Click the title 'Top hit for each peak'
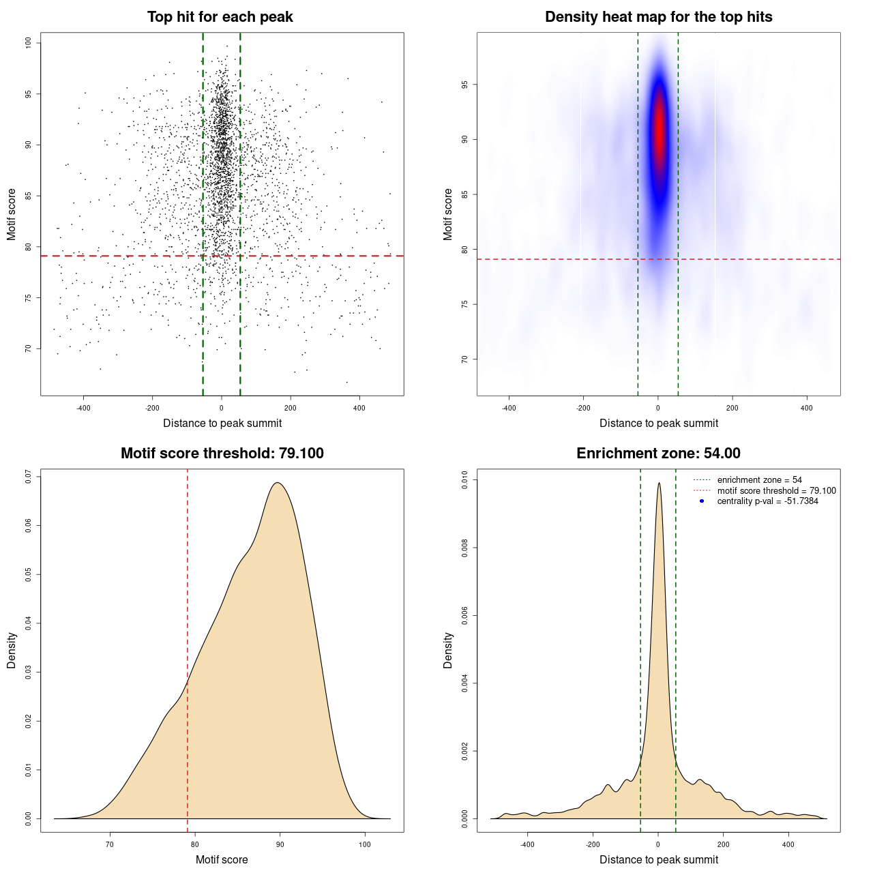pos(220,17)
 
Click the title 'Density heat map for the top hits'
pos(658,17)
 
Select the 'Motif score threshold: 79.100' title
pos(222,454)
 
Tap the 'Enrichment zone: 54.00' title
pos(658,454)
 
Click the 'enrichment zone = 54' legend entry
pos(759,480)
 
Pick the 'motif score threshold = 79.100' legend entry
pos(776,490)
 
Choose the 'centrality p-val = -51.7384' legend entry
pos(767,501)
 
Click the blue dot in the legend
pos(702,501)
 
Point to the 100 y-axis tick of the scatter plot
pos(29,42)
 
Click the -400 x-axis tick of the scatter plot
pos(83,408)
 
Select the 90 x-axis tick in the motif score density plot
pos(280,844)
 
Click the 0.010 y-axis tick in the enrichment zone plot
pos(465,480)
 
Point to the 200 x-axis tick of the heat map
pos(732,408)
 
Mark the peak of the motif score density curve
pos(278,483)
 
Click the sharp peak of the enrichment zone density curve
pos(659,483)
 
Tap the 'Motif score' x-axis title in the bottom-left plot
pos(222,859)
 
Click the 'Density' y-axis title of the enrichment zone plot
pos(448,650)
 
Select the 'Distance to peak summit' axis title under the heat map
pos(658,423)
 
